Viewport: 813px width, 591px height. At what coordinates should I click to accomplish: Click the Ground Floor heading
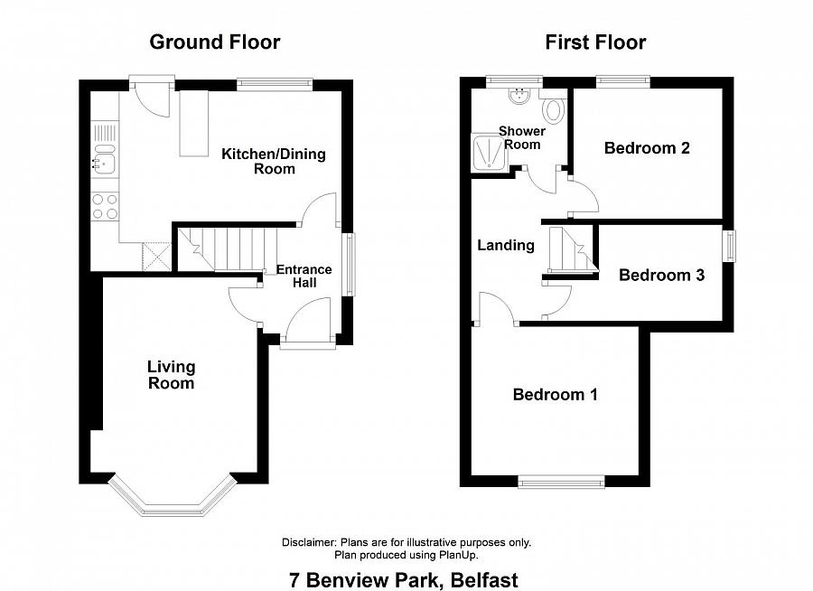pos(215,42)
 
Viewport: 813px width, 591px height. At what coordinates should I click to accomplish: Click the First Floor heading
pos(595,42)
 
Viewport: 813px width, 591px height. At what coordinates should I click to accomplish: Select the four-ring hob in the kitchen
pos(106,206)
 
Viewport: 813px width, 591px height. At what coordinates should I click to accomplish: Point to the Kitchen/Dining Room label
pos(274,162)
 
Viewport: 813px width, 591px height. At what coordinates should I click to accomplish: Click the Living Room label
pos(171,375)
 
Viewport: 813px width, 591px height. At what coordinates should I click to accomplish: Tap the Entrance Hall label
pos(304,276)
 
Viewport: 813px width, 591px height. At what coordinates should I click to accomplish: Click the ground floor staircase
pos(228,249)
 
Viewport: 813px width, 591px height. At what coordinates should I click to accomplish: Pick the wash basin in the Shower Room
pos(519,96)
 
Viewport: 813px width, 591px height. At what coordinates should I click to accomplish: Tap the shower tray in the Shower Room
pos(488,153)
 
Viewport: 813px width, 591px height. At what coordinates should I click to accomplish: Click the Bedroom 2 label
pos(647,148)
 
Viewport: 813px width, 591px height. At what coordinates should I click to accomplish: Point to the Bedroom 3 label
pos(661,275)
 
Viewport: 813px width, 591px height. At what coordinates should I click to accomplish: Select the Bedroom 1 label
pos(556,395)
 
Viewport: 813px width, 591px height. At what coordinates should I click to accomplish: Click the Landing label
pos(506,245)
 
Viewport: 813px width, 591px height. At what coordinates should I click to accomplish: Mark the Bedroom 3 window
pos(730,246)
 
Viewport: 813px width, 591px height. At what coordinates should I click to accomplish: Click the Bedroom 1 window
pos(562,482)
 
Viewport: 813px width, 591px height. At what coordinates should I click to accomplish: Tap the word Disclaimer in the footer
pos(309,543)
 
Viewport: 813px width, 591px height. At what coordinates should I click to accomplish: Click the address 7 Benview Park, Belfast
pos(404,580)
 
